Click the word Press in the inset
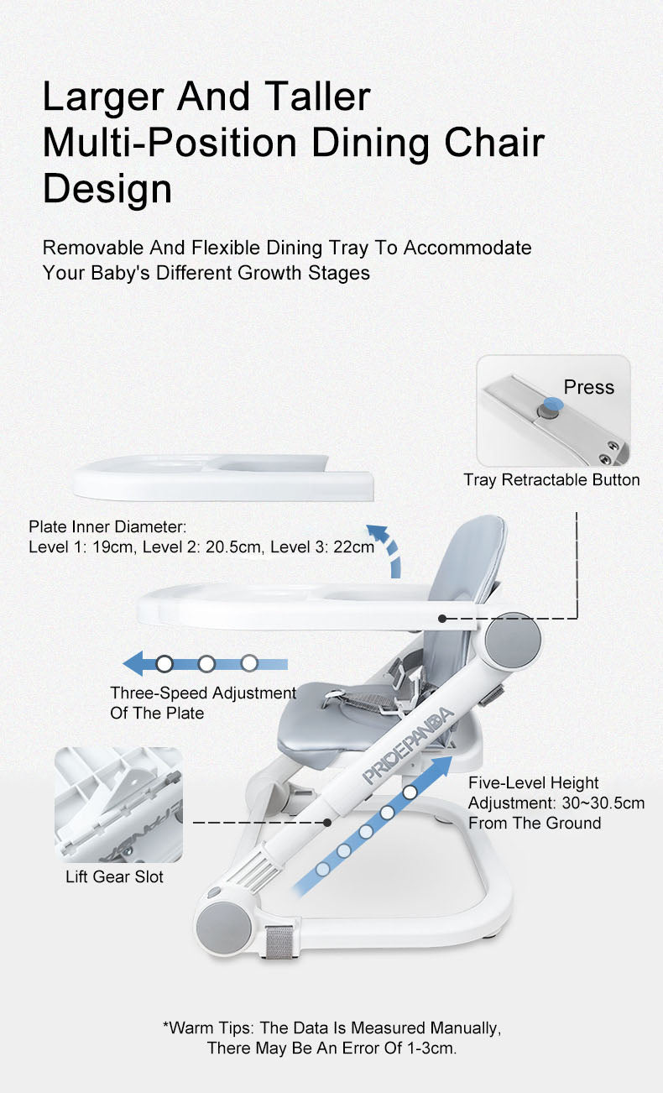[x=588, y=387]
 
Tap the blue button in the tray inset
[x=553, y=405]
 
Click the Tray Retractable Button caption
[x=551, y=479]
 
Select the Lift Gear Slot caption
[x=114, y=876]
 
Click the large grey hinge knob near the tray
[x=514, y=640]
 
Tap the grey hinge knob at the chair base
[x=224, y=927]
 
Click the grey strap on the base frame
[x=279, y=941]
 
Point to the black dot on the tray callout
[x=442, y=619]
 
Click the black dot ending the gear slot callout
[x=327, y=822]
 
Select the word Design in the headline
[x=107, y=188]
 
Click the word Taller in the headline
[x=317, y=97]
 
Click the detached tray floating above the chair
[x=224, y=478]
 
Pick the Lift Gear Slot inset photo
[x=118, y=805]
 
